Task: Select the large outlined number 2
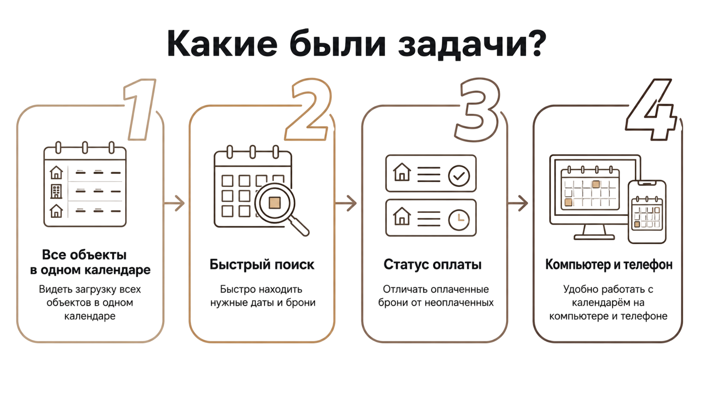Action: tap(309, 110)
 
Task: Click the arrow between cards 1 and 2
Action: tap(174, 203)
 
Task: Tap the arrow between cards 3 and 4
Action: tap(518, 203)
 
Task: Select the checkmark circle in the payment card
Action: tap(459, 176)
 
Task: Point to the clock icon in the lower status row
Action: tap(459, 220)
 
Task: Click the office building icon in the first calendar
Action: tap(56, 191)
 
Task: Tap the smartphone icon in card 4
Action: tap(647, 212)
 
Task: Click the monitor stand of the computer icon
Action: tap(594, 233)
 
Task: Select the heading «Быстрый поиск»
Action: tap(262, 264)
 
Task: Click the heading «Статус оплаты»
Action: tap(432, 264)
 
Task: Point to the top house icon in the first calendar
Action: tap(56, 172)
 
